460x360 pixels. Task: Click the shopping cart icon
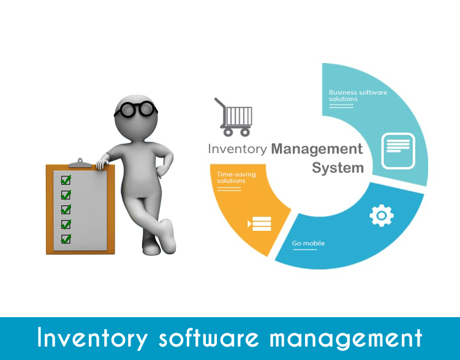pyautogui.click(x=233, y=117)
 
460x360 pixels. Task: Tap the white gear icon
pyautogui.click(x=382, y=216)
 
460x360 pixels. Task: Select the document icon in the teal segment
pyautogui.click(x=398, y=151)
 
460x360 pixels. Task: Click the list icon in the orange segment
pyautogui.click(x=259, y=223)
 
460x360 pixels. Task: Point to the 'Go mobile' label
pyautogui.click(x=308, y=243)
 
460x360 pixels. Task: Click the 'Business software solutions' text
pyautogui.click(x=358, y=96)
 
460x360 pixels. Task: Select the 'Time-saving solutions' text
pyautogui.click(x=236, y=178)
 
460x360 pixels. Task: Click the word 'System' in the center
pyautogui.click(x=337, y=168)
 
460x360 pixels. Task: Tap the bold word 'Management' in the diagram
pyautogui.click(x=317, y=149)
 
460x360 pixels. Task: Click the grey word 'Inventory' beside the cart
pyautogui.click(x=238, y=149)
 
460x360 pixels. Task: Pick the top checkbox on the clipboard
pyautogui.click(x=66, y=180)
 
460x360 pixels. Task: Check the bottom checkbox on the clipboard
pyautogui.click(x=66, y=239)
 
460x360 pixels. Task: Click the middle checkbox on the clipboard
pyautogui.click(x=66, y=209)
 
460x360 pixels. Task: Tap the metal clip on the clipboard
pyautogui.click(x=80, y=163)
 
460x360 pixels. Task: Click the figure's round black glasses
pyautogui.click(x=136, y=110)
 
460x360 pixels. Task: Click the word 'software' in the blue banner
pyautogui.click(x=209, y=338)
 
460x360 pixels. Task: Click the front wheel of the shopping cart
pyautogui.click(x=245, y=132)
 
